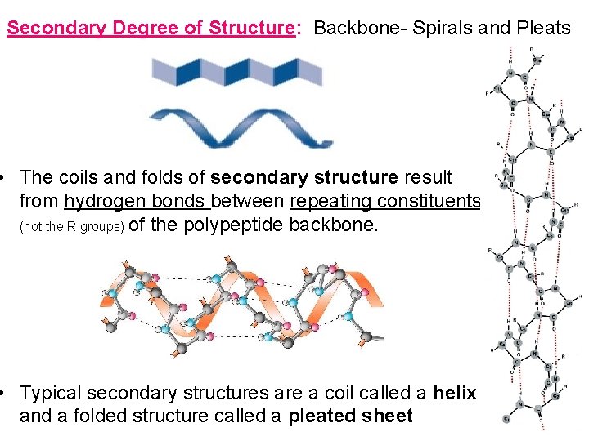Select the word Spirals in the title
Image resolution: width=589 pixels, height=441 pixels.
pos(438,28)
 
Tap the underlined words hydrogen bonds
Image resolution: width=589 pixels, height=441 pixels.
pos(137,201)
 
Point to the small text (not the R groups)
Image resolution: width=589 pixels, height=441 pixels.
pos(71,227)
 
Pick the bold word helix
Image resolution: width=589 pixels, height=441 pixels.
pos(455,393)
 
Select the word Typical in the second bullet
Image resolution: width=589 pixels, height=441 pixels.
pos(51,393)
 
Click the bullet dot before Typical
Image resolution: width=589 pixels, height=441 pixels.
pos(5,393)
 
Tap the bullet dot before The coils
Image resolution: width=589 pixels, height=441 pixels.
pos(5,177)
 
